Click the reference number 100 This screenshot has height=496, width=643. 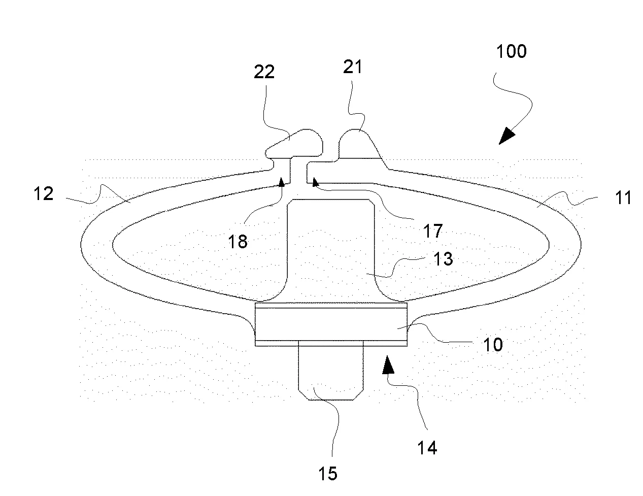tap(512, 51)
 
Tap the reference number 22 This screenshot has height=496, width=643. tap(264, 72)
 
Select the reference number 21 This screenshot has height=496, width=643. tap(352, 67)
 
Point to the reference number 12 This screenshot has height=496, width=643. tap(44, 193)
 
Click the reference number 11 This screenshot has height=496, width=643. tap(623, 197)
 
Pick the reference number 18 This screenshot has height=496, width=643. tap(238, 242)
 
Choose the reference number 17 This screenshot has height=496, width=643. tap(433, 231)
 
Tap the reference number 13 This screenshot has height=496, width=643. tap(443, 259)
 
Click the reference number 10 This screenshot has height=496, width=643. tap(493, 345)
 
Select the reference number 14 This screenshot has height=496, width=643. tap(427, 448)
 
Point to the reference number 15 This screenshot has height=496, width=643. tap(327, 474)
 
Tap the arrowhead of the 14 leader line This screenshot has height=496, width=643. tap(388, 365)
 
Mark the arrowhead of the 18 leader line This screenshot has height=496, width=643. tap(282, 181)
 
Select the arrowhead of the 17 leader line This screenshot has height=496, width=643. tap(316, 182)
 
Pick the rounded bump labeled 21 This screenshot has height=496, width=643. tap(359, 145)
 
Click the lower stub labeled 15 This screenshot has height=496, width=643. tap(330, 373)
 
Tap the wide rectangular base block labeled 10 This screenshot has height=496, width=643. tap(331, 324)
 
